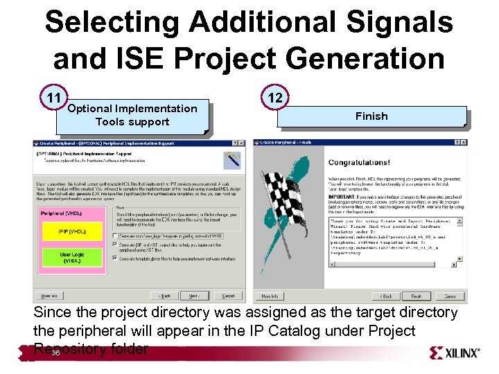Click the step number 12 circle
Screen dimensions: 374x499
tap(275, 97)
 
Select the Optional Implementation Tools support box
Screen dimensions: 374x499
tap(132, 115)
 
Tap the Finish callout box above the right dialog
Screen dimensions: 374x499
tap(371, 116)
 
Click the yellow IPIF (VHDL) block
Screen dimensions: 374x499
tap(72, 231)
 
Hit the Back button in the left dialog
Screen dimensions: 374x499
tap(164, 296)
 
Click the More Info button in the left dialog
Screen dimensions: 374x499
tap(47, 296)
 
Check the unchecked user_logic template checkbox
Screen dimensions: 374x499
tap(114, 235)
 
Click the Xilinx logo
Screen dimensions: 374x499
tap(455, 353)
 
